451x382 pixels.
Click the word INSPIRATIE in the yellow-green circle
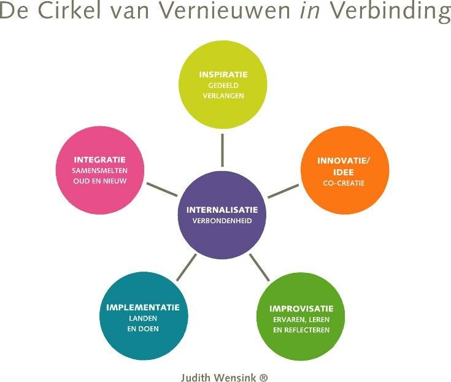pos(223,74)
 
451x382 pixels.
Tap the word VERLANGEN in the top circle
pos(223,96)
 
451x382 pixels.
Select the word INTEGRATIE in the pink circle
pos(99,159)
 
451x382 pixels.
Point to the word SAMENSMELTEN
pos(99,170)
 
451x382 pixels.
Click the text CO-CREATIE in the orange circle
pos(345,183)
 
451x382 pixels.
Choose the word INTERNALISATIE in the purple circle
pos(222,210)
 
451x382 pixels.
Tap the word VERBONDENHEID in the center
pos(222,221)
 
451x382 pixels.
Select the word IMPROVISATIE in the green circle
pos(301,308)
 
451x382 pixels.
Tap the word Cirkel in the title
pos(66,12)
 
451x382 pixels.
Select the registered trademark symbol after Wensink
pos(264,378)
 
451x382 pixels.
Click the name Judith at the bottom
pos(195,378)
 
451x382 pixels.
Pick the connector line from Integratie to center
pos(162,188)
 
